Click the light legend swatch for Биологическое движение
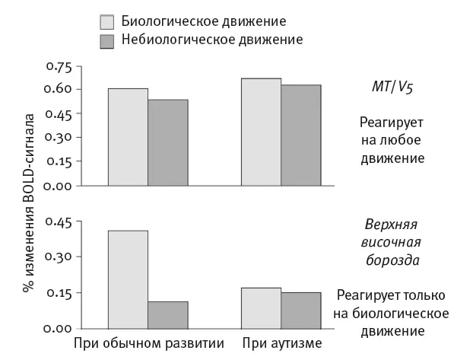click(106, 21)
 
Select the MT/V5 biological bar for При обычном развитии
click(128, 137)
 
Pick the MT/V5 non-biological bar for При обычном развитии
click(167, 142)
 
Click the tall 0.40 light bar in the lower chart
click(128, 279)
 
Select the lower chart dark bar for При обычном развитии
click(167, 314)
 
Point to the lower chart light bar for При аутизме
click(262, 307)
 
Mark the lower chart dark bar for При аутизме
click(301, 310)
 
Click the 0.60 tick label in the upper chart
click(58, 89)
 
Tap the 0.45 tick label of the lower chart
click(58, 222)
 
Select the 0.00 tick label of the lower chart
click(58, 327)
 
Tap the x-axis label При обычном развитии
click(148, 343)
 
